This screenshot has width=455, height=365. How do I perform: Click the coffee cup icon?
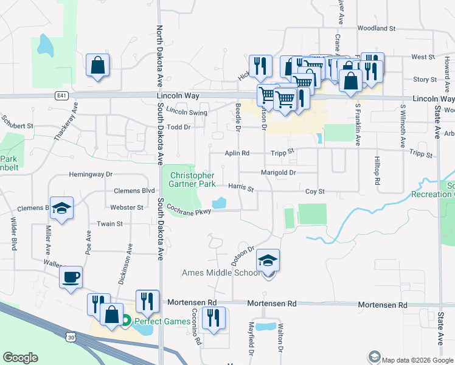[71, 277]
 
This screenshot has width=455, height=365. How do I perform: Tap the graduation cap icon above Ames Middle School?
[268, 260]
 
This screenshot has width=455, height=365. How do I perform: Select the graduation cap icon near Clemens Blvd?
[61, 208]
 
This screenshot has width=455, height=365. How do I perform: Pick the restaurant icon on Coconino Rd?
[213, 318]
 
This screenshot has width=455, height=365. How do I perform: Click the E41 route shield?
[60, 96]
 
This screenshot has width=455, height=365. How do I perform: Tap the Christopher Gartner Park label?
[192, 179]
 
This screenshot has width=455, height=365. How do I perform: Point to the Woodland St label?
[377, 28]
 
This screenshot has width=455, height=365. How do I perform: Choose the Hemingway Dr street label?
[91, 174]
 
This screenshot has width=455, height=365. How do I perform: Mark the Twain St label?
[109, 224]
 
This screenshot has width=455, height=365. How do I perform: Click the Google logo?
[20, 358]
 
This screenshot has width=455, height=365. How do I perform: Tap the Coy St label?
[314, 191]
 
